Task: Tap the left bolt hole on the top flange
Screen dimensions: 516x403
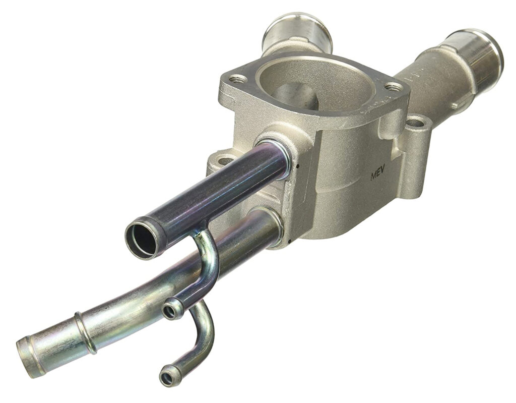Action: pos(238,79)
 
